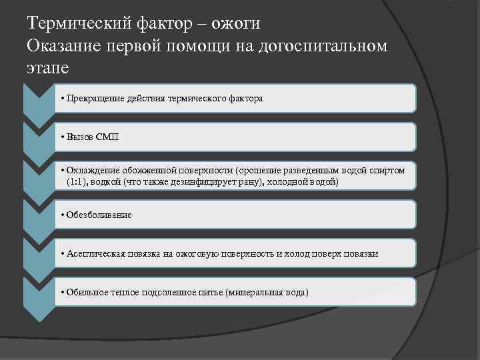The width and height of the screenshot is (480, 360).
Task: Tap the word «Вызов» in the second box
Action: [x=79, y=137]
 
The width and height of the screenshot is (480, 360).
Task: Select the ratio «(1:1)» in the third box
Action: [x=76, y=181]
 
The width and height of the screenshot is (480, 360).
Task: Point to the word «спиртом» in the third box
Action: [x=388, y=171]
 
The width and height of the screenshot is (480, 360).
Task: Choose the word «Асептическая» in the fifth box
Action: [x=95, y=253]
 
